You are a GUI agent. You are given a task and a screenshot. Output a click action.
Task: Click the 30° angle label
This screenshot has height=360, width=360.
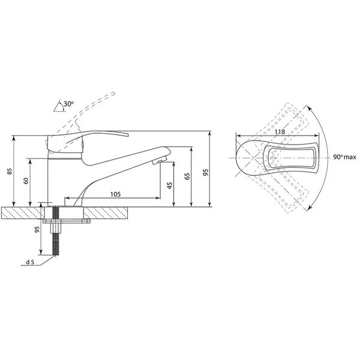68,104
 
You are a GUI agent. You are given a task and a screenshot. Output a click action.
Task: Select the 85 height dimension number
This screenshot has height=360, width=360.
10,171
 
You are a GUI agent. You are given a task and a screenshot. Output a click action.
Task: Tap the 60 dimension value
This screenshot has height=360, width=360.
26,181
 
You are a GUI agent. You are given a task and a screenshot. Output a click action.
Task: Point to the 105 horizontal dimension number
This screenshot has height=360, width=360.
115,194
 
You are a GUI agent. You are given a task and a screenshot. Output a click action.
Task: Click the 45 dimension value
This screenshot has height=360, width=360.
170,185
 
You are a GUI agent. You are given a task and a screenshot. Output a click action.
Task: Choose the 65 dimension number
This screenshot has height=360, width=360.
187,176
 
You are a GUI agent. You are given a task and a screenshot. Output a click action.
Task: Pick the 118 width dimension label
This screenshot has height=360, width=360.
280,132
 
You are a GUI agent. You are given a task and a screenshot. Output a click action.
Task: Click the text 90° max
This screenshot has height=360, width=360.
345,157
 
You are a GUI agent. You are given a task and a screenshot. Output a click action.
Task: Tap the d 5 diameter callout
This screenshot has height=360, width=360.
30,262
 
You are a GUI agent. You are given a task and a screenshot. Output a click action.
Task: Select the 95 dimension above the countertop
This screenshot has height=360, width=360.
206,172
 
